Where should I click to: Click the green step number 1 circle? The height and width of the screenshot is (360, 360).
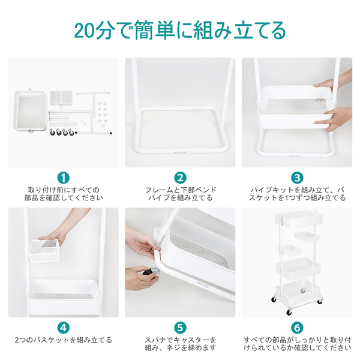tap(63, 178)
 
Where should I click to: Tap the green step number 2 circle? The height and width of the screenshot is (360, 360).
tap(180, 178)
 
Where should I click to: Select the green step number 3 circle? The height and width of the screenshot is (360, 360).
tap(297, 178)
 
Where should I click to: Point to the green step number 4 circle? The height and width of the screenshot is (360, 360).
tap(63, 328)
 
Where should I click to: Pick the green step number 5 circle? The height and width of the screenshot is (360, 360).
tap(180, 328)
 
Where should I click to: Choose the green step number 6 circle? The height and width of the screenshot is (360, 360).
tap(297, 328)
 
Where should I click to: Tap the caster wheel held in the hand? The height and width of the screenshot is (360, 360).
tap(152, 272)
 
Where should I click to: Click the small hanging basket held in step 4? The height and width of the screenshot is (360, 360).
tap(44, 251)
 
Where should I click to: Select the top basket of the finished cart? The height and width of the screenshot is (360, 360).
tap(298, 218)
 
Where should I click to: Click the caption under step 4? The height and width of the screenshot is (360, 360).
tap(63, 340)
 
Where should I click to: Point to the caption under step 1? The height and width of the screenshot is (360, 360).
tap(64, 194)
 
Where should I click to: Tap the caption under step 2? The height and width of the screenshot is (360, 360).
tap(181, 194)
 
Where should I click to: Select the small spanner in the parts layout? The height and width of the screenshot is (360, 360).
tap(83, 122)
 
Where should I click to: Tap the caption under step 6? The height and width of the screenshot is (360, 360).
tap(298, 344)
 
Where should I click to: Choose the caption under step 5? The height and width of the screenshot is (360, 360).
tap(181, 344)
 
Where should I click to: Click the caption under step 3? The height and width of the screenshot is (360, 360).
tap(298, 194)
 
